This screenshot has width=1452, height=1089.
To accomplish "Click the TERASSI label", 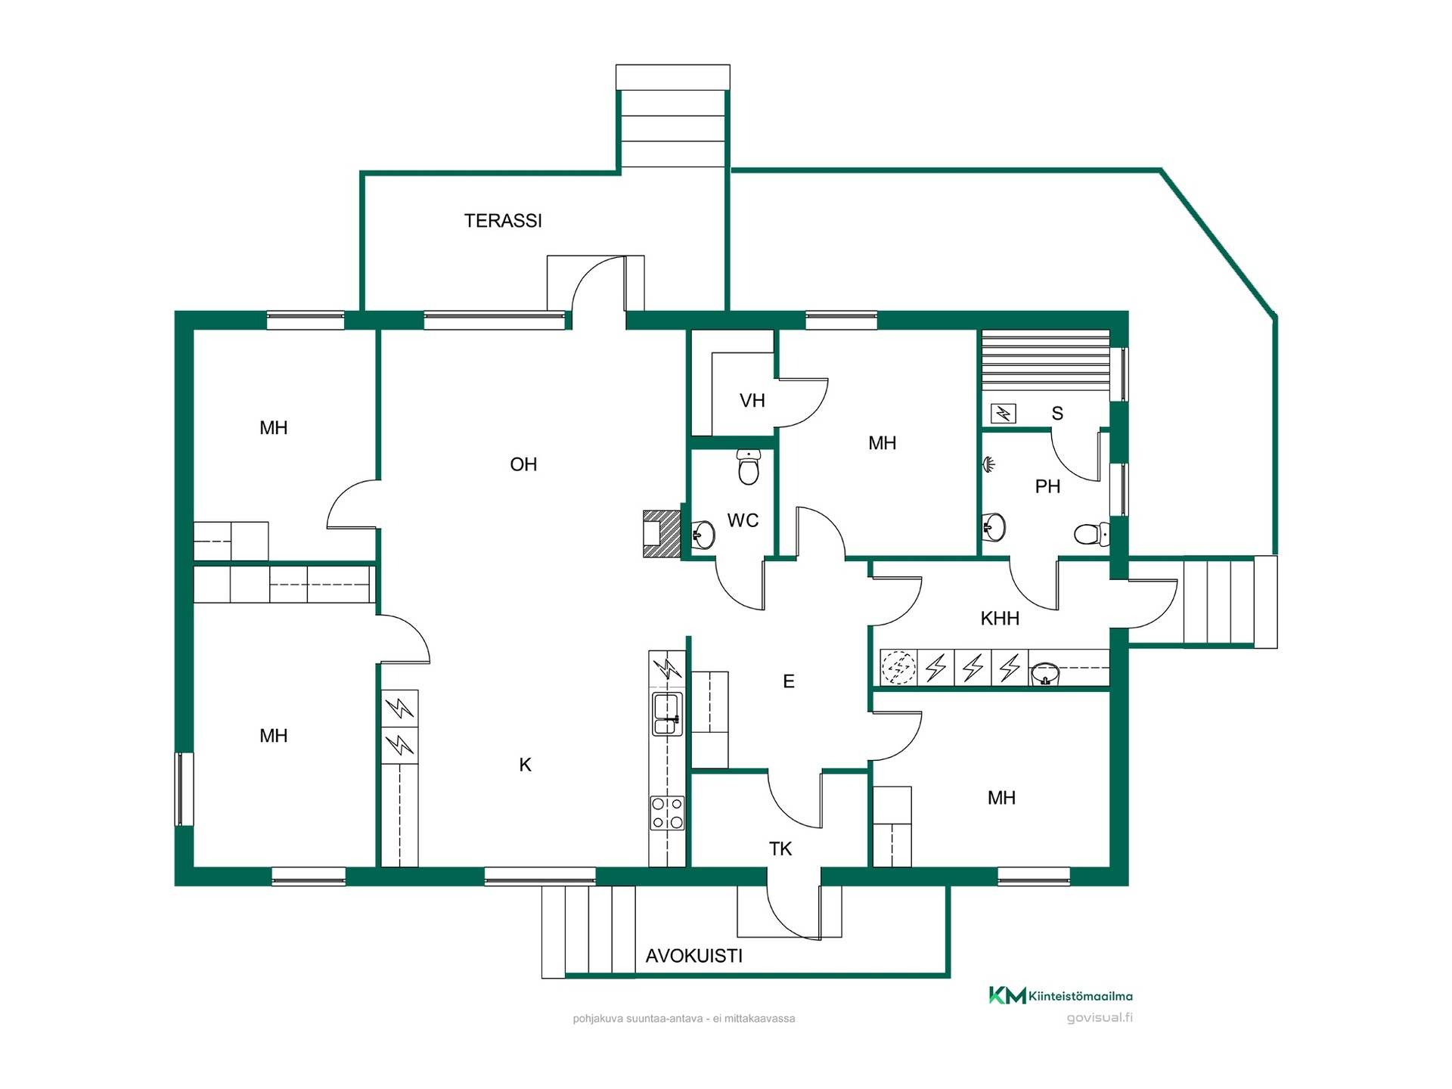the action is (x=503, y=221).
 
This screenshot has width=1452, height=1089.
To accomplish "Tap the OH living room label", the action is (x=523, y=464).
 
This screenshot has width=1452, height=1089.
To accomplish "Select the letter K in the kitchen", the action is (x=525, y=765).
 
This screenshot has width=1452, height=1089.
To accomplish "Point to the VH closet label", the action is (x=752, y=401).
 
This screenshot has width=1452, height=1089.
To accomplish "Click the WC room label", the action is (x=743, y=520).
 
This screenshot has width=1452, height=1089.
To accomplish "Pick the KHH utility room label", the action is (x=1000, y=619).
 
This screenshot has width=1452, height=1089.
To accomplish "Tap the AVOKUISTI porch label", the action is (x=693, y=956).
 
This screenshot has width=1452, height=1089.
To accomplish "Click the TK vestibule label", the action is (x=780, y=849).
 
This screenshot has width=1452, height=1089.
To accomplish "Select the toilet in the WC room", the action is (x=748, y=467).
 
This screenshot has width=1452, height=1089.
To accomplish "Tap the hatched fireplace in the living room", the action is (x=662, y=534).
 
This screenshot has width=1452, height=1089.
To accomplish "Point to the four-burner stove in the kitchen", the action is (x=667, y=813).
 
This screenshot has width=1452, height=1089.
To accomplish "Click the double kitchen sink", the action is (x=667, y=714).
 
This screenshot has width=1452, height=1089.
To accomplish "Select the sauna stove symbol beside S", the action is (x=1003, y=414).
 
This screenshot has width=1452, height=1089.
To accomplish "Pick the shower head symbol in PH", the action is (x=988, y=464).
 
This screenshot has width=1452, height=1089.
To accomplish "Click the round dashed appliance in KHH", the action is (x=898, y=668).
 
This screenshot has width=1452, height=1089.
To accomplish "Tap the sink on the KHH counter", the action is (x=1047, y=672).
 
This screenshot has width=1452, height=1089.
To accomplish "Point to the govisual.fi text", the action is (x=1100, y=1018).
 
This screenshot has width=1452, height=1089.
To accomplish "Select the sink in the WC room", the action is (x=703, y=535).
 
